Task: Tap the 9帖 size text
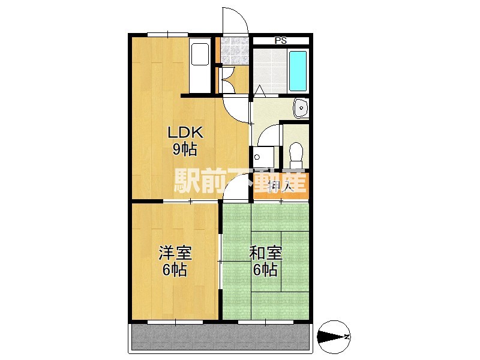185,149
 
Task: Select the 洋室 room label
175,253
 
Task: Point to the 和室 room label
265,253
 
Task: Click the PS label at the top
280,41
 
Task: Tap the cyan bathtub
298,70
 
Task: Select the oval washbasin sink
300,107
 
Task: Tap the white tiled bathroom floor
270,69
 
